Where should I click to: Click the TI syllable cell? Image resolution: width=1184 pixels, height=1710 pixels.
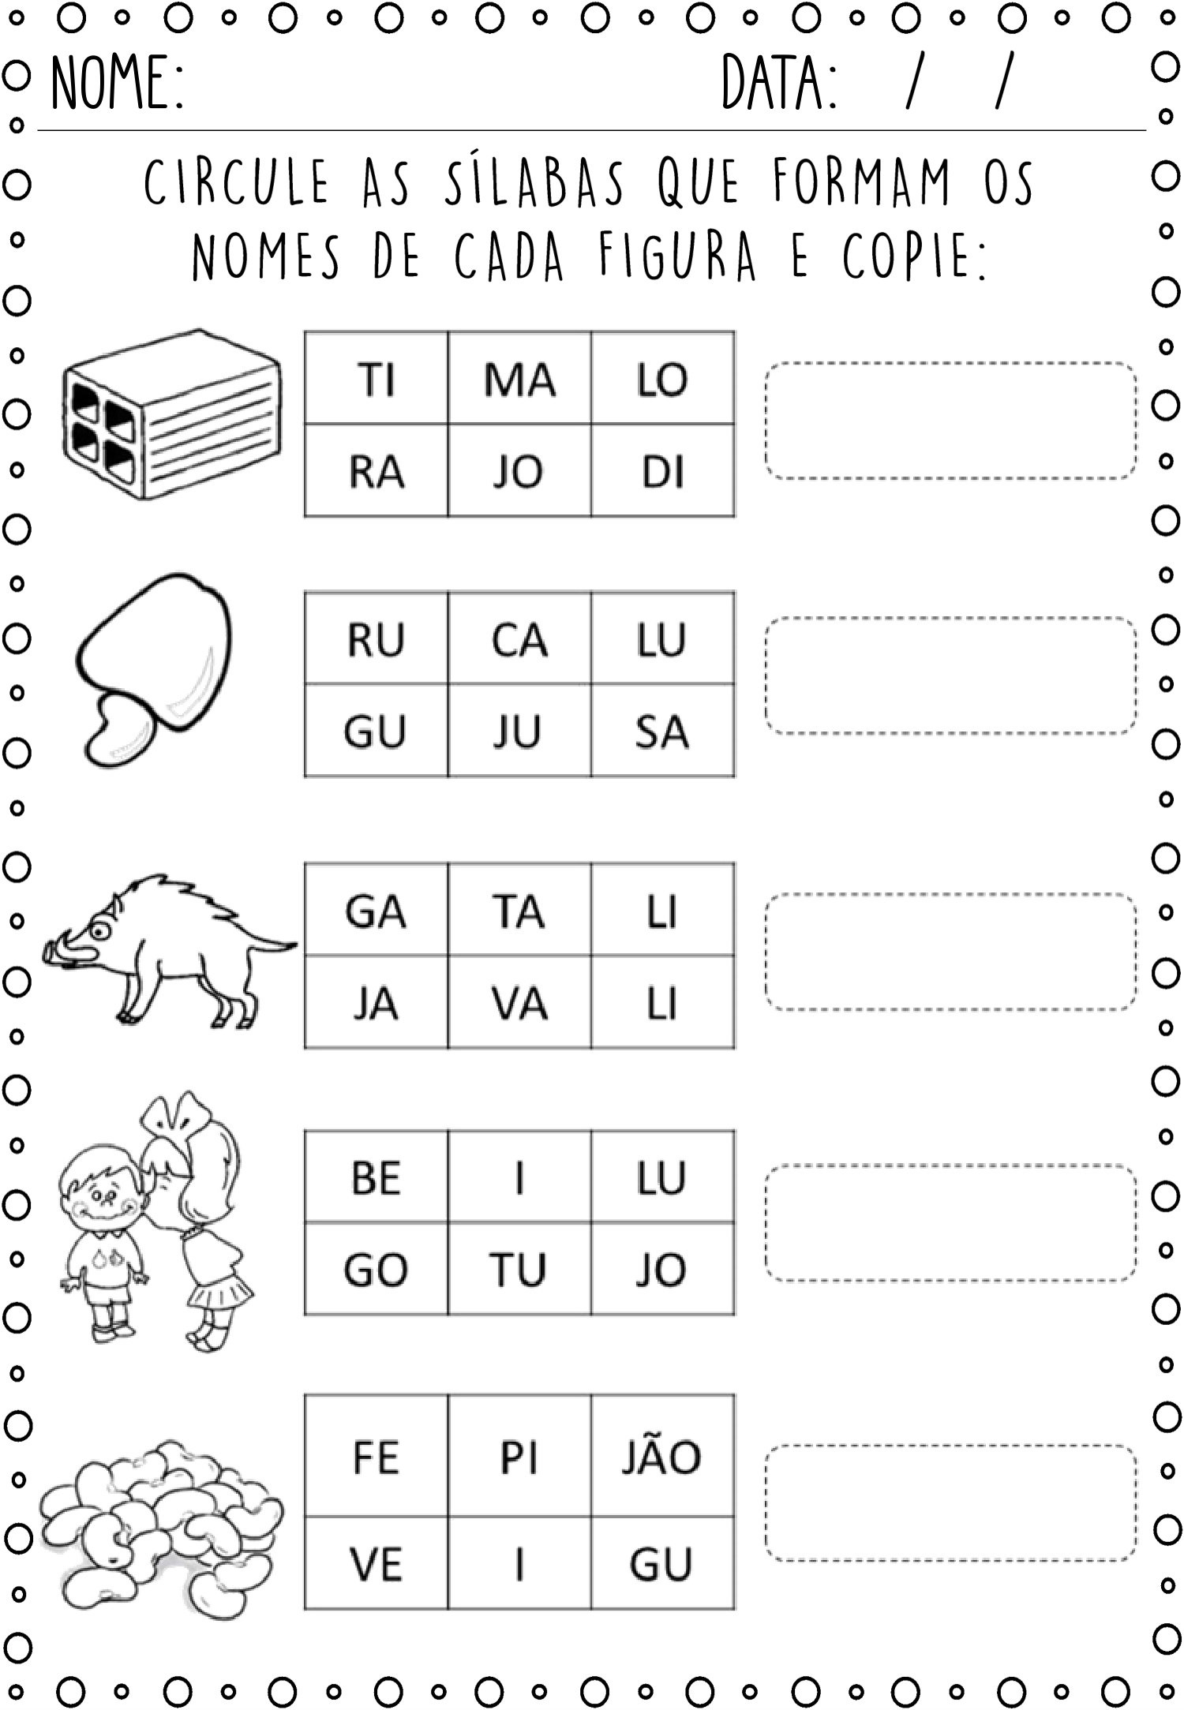click(x=377, y=378)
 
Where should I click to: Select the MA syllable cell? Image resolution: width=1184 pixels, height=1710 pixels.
click(x=519, y=378)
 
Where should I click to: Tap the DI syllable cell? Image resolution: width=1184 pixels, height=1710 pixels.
click(x=663, y=470)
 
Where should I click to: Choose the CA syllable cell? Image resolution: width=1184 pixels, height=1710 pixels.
click(x=519, y=638)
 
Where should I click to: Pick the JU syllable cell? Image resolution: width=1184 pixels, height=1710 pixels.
click(x=519, y=731)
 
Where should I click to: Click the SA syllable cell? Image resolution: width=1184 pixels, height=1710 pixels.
click(x=663, y=731)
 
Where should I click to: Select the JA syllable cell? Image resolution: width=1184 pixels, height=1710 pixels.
click(x=377, y=1002)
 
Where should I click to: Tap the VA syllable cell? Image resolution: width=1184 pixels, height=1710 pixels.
click(x=519, y=1002)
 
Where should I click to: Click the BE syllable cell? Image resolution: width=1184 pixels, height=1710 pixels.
click(x=377, y=1177)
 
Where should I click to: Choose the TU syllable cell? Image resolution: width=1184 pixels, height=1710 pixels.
click(x=519, y=1269)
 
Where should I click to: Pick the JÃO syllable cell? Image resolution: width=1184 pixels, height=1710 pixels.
click(x=663, y=1456)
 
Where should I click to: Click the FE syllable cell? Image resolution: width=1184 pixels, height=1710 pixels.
click(x=377, y=1456)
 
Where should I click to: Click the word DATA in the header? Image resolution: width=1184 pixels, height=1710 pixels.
click(x=779, y=82)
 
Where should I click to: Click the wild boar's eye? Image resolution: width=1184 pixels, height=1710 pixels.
click(x=100, y=930)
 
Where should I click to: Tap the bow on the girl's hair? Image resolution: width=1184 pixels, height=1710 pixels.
click(x=176, y=1113)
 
